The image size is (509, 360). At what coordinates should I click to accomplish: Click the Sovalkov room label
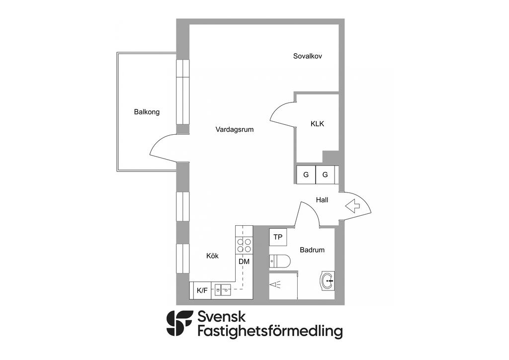coord(308,56)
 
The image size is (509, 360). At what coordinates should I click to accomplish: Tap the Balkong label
coord(147,112)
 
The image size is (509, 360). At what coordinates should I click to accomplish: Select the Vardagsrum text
coord(235,130)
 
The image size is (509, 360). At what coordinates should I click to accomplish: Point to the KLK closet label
coord(317,124)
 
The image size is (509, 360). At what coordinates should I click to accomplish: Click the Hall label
coord(322,200)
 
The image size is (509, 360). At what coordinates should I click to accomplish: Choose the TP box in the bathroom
coord(278,237)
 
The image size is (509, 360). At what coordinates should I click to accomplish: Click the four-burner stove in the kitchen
coord(244,245)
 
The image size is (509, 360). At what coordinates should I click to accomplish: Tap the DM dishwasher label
coord(244,262)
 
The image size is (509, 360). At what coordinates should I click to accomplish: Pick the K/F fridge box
coord(202,290)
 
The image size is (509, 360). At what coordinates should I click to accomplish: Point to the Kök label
coord(212,256)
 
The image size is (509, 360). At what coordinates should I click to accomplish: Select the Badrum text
coord(312,250)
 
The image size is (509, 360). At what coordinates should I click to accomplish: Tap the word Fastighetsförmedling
coord(270,331)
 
